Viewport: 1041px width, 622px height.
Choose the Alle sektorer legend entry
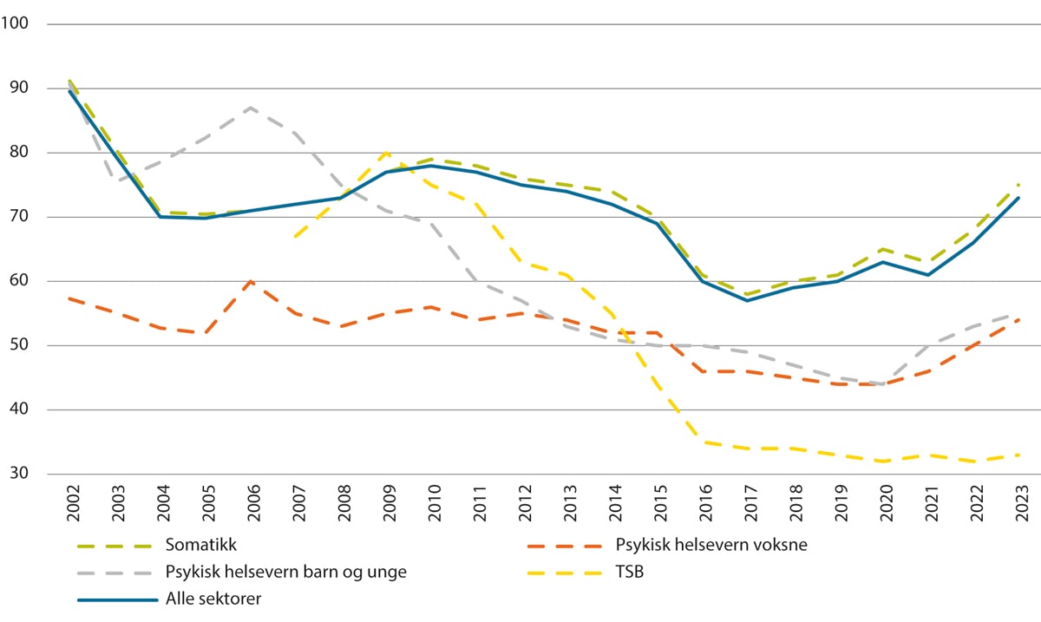pos(213,599)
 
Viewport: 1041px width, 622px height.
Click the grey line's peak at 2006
pos(250,108)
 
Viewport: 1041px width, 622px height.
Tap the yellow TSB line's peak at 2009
pos(385,153)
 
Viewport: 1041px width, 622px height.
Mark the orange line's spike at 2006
pos(250,281)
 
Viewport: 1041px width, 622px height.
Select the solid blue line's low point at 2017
pos(746,300)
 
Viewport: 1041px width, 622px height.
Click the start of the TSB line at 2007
pos(295,236)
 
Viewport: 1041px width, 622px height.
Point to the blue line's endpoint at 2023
pos(1018,198)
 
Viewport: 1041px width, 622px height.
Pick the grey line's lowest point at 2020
pos(882,383)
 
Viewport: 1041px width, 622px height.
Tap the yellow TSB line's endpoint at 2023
pos(1018,455)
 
